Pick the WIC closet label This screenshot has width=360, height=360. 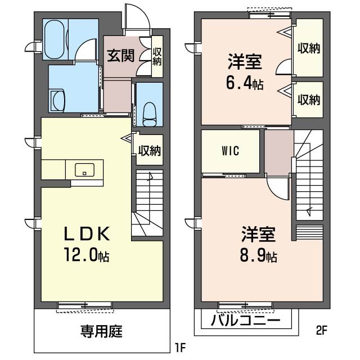point(231,151)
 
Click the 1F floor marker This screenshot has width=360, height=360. point(179,347)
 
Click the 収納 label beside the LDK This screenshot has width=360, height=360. point(150,150)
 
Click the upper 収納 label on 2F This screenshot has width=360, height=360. point(308,48)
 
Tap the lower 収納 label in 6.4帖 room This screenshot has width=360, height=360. point(308,100)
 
